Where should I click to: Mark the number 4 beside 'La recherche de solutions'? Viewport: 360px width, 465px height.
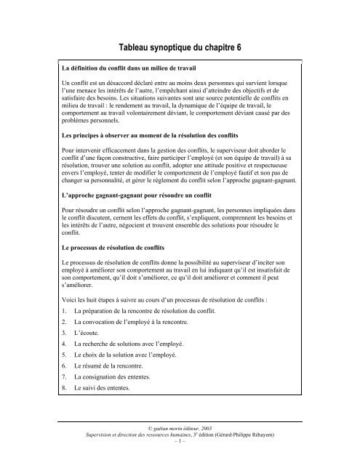[65, 341]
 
